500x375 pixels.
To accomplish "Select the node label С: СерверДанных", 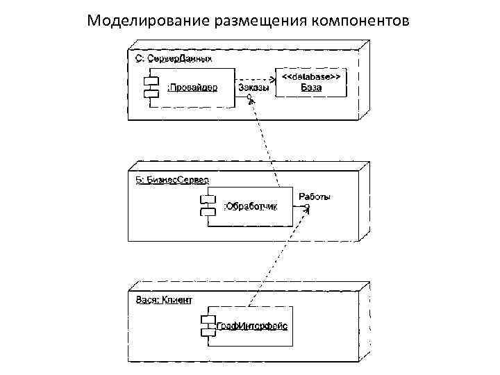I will [172, 59].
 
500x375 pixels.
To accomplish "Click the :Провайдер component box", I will [198, 87].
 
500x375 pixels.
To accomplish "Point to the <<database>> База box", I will [311, 83].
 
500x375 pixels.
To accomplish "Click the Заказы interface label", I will [254, 87].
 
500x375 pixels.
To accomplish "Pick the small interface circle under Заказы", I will [249, 97].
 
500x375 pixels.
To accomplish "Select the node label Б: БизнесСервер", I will [172, 179].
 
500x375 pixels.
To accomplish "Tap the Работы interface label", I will [315, 197].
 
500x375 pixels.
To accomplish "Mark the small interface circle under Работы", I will [307, 207].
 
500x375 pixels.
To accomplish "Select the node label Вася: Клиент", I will [163, 299].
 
